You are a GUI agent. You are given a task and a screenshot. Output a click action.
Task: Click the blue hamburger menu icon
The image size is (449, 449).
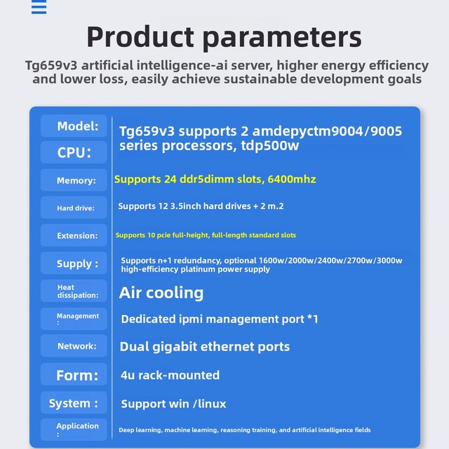39,7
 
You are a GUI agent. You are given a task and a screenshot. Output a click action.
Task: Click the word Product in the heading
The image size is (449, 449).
140,37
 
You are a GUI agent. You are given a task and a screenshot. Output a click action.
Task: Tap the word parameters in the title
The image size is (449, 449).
282,39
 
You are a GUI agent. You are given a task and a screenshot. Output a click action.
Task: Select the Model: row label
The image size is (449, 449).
74,126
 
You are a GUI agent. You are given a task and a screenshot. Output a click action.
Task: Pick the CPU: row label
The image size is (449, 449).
74,152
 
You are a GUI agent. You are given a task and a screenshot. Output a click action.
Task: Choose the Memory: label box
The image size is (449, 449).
74,180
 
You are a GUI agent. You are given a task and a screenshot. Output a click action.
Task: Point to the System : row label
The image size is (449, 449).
74,403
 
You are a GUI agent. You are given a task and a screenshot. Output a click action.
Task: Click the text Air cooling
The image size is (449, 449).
161,293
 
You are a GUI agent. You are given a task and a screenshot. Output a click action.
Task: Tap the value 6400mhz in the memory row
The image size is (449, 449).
292,180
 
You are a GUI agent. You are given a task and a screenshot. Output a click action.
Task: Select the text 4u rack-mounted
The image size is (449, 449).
170,375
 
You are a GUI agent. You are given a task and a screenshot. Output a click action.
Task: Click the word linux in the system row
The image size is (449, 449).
212,404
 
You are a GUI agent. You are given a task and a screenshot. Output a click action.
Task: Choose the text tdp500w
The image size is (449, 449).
270,145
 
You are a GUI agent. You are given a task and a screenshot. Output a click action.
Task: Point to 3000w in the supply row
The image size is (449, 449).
390,260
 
